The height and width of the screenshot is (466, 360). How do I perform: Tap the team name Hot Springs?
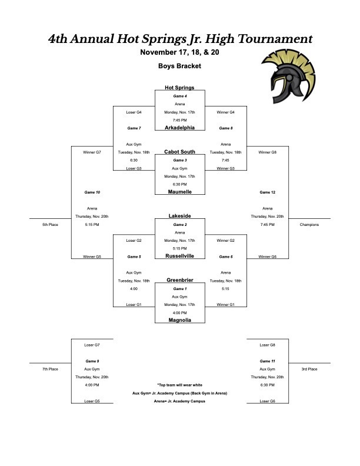pos(179,88)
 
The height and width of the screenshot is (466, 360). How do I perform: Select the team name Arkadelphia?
pos(179,127)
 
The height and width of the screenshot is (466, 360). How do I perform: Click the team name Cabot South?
pos(179,152)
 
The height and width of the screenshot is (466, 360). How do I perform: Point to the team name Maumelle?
pos(179,191)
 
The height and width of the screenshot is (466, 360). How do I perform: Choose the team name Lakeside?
pos(179,216)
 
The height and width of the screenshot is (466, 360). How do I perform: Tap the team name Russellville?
pos(179,256)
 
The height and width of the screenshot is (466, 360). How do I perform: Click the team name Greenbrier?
pos(179,280)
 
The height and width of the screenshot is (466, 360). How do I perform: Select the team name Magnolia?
pos(179,320)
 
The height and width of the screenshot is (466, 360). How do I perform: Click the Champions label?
pos(309,225)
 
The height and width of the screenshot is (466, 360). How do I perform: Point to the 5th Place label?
pos(49,225)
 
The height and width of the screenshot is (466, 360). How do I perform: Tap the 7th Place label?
pos(49,369)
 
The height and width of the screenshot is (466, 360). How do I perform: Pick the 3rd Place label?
pos(309,369)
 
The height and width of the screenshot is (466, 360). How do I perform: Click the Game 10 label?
pos(92,192)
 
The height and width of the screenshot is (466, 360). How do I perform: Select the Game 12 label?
pos(267,192)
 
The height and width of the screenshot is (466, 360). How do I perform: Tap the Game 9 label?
pos(92,361)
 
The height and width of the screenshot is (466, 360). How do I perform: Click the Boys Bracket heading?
pos(179,66)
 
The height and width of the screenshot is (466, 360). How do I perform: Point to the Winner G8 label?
pos(267,152)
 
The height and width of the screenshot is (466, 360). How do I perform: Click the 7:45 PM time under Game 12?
pos(267,225)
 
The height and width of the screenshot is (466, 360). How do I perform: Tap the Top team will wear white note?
pos(179,385)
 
